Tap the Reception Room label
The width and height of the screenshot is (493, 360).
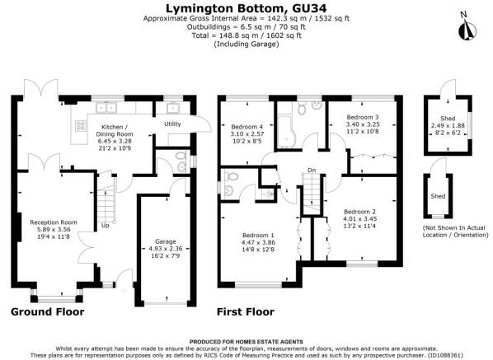[x=54, y=222]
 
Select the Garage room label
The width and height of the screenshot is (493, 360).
[x=166, y=241]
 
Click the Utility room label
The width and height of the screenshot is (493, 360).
[x=172, y=124]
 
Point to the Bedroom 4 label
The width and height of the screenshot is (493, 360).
[x=246, y=127]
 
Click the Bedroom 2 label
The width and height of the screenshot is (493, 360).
[x=359, y=212]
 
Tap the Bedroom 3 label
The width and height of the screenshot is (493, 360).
[x=363, y=117]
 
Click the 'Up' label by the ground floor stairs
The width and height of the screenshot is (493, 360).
[x=105, y=226]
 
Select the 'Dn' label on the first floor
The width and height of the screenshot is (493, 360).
[x=312, y=171]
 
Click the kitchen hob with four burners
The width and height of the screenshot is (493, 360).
[x=81, y=126]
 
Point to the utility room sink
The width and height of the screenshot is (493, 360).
[x=173, y=108]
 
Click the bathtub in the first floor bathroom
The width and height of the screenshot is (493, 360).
[x=286, y=132]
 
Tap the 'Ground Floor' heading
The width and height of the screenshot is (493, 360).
[x=48, y=312]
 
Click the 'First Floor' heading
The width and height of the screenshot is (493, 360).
[x=246, y=312]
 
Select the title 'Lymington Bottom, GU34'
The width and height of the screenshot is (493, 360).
[x=246, y=8]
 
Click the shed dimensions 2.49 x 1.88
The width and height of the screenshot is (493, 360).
[x=448, y=126]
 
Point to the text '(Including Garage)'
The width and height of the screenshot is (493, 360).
[x=246, y=44]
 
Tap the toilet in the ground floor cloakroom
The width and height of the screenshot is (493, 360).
[x=180, y=156]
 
